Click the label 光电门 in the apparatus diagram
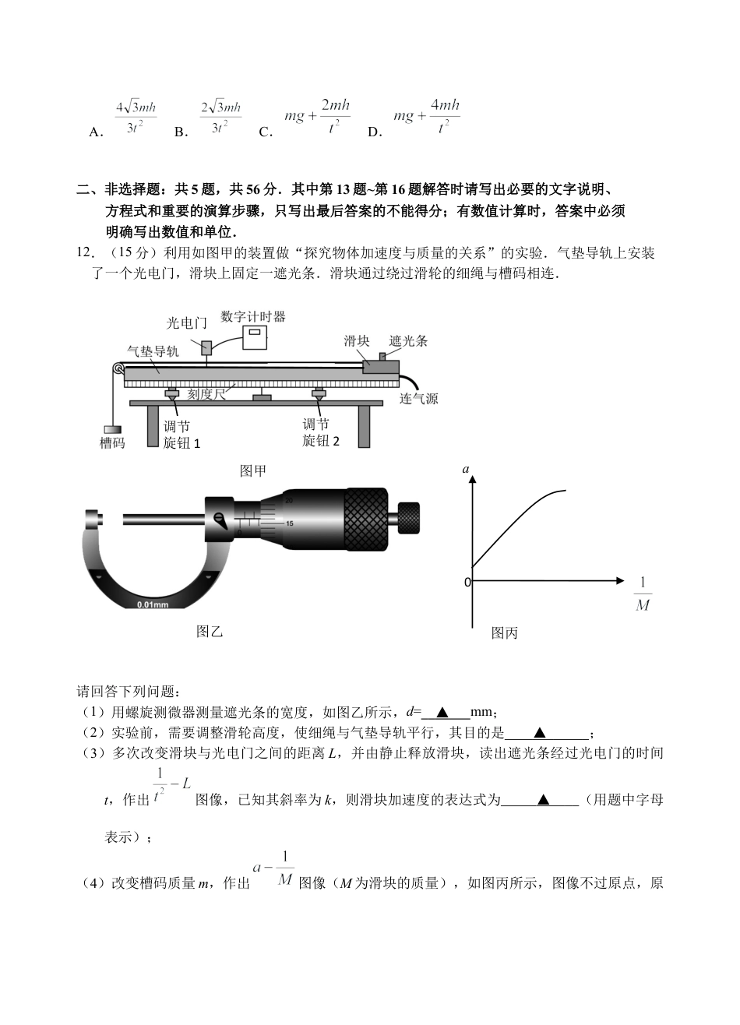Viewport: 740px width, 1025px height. tap(187, 322)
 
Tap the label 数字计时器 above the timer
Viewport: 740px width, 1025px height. tap(253, 316)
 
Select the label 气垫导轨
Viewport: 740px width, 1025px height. tap(153, 351)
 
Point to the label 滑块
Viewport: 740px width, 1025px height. tap(357, 340)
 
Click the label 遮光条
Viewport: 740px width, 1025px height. tap(408, 340)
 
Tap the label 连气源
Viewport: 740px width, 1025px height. tap(419, 399)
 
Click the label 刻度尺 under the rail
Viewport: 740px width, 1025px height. tap(206, 394)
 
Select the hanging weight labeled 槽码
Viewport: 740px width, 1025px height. tap(112, 429)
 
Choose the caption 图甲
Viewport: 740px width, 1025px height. tap(253, 470)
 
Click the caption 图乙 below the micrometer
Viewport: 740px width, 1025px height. tap(210, 631)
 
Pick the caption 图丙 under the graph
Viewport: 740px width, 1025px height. tap(505, 633)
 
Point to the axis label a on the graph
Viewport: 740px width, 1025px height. tap(466, 469)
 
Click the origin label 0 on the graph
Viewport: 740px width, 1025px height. tap(467, 582)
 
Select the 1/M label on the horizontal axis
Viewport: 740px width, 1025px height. tap(643, 594)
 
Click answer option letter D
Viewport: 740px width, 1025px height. tap(375, 132)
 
